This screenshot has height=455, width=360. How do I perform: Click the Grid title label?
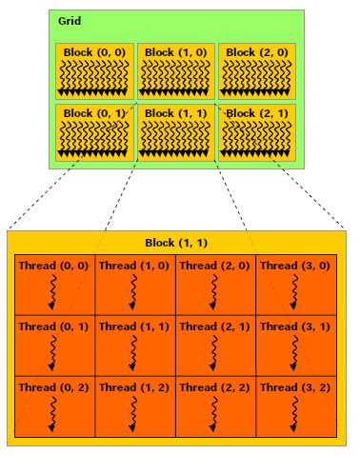pos(69,21)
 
